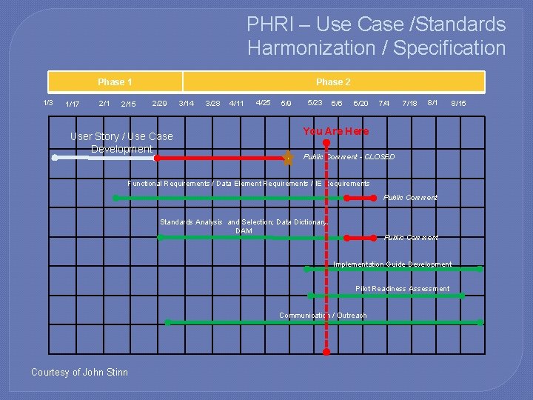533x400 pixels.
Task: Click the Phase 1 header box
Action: click(x=115, y=81)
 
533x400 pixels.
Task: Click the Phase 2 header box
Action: click(x=333, y=81)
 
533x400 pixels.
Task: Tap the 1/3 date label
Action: click(x=48, y=102)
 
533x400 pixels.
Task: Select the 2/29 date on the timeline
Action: click(x=159, y=103)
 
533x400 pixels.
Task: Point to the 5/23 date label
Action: click(x=315, y=102)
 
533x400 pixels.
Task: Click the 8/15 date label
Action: click(x=458, y=103)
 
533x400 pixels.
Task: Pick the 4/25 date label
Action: click(x=263, y=102)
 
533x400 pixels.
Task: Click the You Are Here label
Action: click(x=335, y=131)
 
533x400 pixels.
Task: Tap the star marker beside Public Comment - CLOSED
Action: click(x=288, y=157)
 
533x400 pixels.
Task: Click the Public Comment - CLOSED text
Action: click(x=349, y=157)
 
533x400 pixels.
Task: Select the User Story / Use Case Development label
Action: click(x=121, y=142)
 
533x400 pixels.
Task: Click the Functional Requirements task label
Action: click(x=248, y=183)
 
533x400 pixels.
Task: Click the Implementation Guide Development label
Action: click(x=392, y=264)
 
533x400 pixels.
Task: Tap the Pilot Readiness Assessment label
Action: click(x=402, y=289)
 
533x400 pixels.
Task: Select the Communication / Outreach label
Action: click(x=323, y=316)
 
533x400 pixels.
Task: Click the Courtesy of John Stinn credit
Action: click(x=79, y=373)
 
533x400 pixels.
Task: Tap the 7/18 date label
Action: click(x=409, y=103)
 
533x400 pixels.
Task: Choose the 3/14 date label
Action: click(x=187, y=103)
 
